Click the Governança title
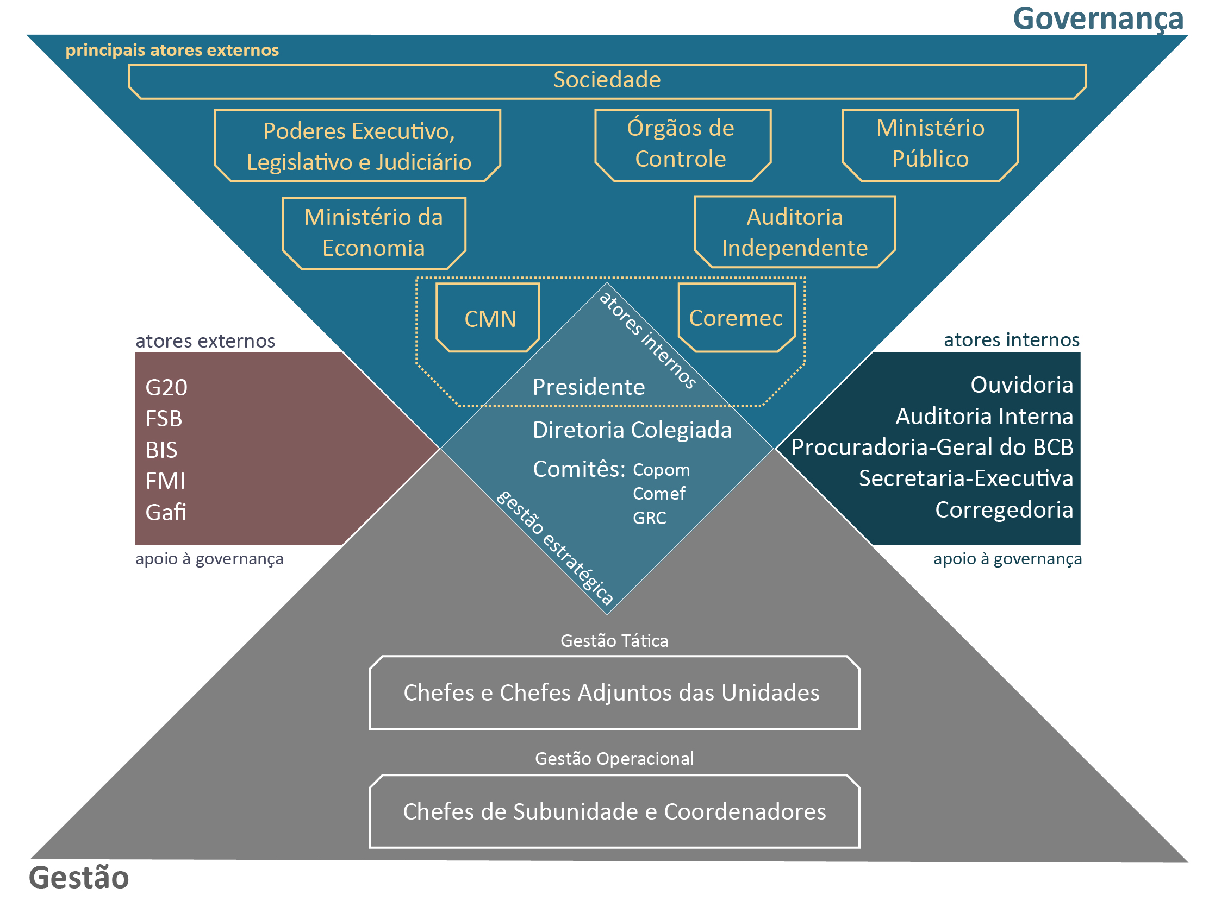[x=1098, y=19]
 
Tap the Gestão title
[x=79, y=878]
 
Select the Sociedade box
[x=607, y=80]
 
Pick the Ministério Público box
[x=930, y=144]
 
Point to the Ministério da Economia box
[x=374, y=233]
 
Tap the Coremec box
[x=735, y=318]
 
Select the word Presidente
[x=588, y=387]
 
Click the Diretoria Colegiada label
[x=632, y=430]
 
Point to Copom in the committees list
[x=661, y=470]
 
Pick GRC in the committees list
[x=649, y=518]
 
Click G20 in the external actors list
[x=166, y=388]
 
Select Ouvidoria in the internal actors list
[x=1021, y=385]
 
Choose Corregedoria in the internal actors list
[x=1004, y=510]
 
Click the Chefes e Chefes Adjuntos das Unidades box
[x=614, y=692]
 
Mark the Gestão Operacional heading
[x=614, y=759]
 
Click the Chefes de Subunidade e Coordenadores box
[x=614, y=811]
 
